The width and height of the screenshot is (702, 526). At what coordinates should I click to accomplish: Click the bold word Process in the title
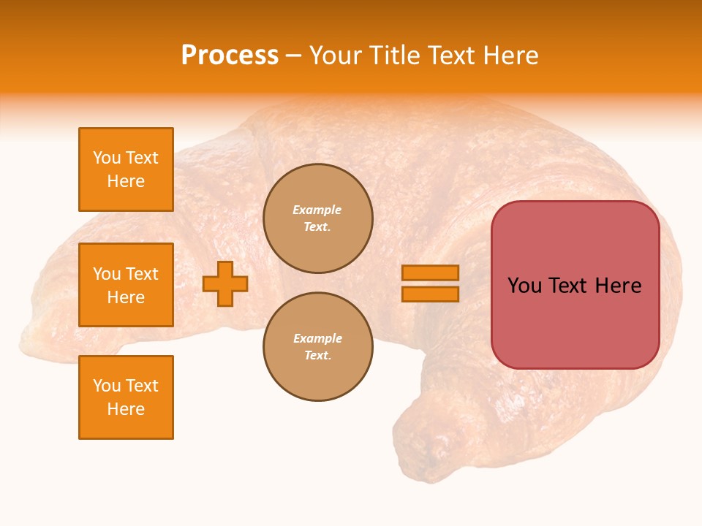[230, 56]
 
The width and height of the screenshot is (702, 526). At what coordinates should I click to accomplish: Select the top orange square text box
[126, 169]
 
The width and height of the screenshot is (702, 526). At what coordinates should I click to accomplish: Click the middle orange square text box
[126, 285]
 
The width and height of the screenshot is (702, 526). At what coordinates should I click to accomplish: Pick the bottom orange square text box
[126, 397]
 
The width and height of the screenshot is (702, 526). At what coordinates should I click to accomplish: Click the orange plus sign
[225, 283]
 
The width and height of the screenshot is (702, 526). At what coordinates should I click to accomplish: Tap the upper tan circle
[318, 218]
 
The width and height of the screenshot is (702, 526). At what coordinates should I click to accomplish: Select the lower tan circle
[318, 347]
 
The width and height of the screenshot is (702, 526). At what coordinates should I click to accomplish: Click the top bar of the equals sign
[430, 273]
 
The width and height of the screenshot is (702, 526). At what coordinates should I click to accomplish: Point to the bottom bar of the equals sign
[430, 294]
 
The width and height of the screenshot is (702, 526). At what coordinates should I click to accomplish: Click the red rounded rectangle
[575, 285]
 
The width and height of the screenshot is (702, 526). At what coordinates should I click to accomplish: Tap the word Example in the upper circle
[317, 210]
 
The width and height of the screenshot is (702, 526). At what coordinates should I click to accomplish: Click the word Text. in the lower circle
[317, 356]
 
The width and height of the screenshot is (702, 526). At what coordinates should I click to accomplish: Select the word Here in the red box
[618, 286]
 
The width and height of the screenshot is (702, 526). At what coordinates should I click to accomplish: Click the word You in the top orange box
[106, 158]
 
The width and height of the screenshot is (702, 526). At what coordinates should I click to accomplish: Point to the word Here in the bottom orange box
[126, 409]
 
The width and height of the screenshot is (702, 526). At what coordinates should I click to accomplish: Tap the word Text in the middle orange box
[142, 274]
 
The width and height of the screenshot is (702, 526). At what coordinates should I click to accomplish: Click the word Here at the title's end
[510, 56]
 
